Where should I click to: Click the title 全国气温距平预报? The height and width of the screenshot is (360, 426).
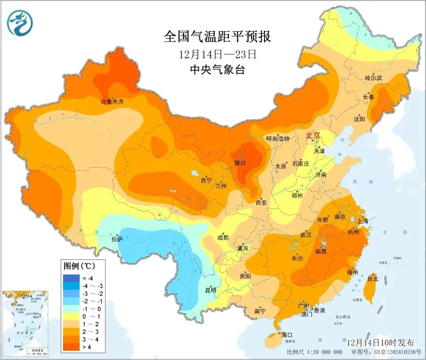tap(217, 37)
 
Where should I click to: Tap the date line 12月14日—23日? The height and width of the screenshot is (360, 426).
tap(217, 54)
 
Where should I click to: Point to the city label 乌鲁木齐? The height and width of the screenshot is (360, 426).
tap(112, 102)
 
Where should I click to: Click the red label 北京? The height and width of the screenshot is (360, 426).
tap(313, 136)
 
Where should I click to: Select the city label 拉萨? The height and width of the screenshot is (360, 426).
tap(117, 238)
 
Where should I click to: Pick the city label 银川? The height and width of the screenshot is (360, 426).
tap(240, 163)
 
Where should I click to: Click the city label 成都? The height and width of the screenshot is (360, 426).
tap(223, 237)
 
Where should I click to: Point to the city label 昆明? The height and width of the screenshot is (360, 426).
tap(211, 290)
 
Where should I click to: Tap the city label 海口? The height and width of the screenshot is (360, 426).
tap(287, 335)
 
